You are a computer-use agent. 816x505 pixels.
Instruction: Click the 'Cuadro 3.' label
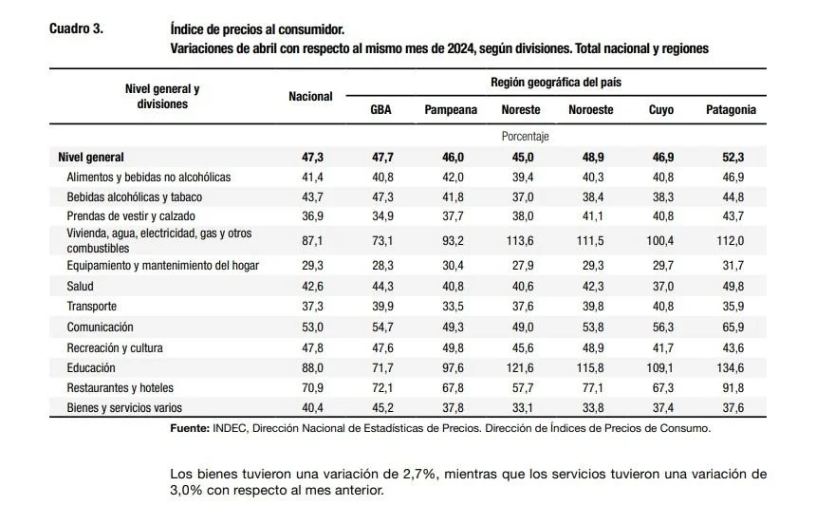[76, 28]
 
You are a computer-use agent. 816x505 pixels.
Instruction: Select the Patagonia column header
[731, 110]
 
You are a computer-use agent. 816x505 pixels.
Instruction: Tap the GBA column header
[380, 110]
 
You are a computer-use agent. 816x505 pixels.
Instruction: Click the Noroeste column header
[590, 110]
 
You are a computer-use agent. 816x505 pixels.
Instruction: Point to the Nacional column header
[310, 97]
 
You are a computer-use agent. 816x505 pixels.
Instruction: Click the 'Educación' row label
[91, 367]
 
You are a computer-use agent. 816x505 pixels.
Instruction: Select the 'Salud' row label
[80, 286]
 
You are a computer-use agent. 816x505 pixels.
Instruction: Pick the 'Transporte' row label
[92, 306]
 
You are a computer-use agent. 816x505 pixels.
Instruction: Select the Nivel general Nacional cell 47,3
[310, 157]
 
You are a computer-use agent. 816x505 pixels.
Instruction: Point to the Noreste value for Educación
[521, 367]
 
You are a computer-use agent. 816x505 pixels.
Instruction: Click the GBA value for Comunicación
[380, 327]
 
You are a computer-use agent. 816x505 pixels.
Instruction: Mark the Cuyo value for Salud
[661, 286]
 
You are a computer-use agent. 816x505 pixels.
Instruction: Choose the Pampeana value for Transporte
[451, 306]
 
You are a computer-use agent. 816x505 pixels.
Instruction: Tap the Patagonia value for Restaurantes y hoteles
[731, 387]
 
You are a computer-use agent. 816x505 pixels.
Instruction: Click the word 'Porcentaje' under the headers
[525, 136]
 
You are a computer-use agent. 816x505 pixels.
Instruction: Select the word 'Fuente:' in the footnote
[190, 428]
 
